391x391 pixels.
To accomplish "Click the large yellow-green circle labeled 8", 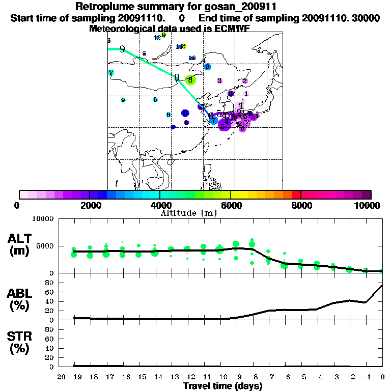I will coord(190,80).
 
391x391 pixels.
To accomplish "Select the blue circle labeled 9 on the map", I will coord(207,67).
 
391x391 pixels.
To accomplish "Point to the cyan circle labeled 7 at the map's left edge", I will coord(110,73).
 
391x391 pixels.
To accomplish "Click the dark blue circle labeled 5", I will coord(185,113).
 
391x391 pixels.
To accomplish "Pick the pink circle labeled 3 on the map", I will coord(219,80).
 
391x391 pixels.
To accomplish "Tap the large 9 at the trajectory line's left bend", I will coord(122,49).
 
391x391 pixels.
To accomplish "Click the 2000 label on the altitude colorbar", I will coord(89,205).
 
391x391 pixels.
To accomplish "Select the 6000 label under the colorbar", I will coord(231,205).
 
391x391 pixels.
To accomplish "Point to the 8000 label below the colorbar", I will coord(301,205).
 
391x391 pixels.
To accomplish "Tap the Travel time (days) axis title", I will coord(222,386).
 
